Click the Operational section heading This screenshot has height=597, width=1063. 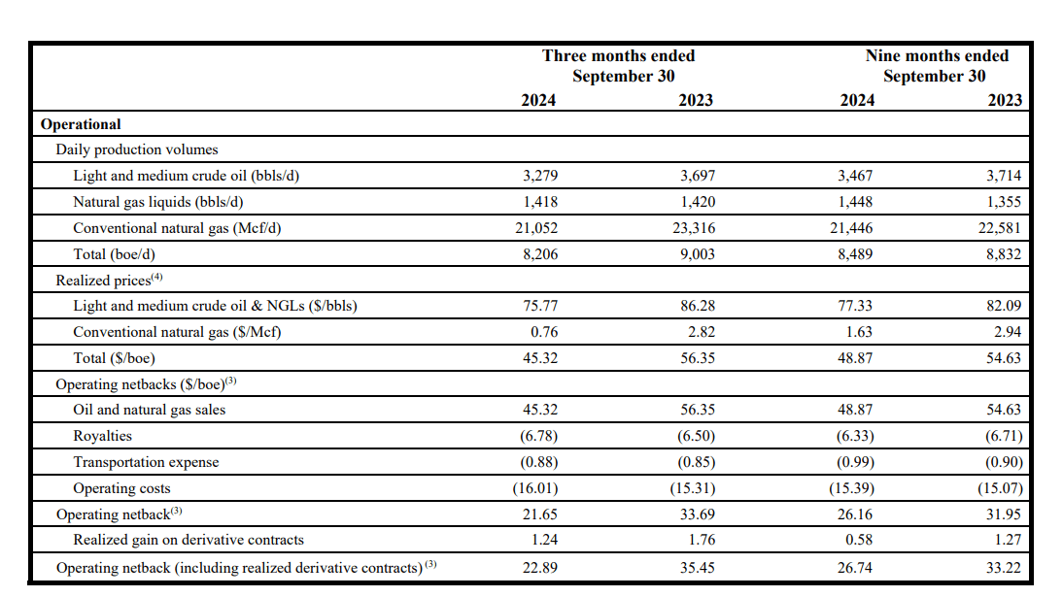coord(81,124)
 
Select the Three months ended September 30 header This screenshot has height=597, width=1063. coord(618,66)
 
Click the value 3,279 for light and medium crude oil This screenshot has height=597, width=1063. coord(539,176)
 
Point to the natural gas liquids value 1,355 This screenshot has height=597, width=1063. coord(1003,202)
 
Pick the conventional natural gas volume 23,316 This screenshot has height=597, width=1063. coord(691,228)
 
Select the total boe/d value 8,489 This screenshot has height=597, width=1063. coord(854,254)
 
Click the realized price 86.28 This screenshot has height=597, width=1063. coord(697,306)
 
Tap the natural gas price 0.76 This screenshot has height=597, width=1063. coord(543,332)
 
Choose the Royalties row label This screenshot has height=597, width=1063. coord(102,436)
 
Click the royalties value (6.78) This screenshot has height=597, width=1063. coord(539,436)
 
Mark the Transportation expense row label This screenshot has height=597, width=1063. coord(146,462)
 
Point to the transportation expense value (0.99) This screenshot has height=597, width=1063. coord(854,462)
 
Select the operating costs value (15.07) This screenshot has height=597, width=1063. coord(1000,488)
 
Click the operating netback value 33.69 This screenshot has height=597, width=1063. coord(697,514)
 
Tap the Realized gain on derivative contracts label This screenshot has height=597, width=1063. coord(189,540)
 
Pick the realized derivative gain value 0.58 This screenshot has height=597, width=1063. coord(858,540)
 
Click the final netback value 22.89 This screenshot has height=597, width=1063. coord(539,567)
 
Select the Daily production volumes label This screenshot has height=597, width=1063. coord(137,149)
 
